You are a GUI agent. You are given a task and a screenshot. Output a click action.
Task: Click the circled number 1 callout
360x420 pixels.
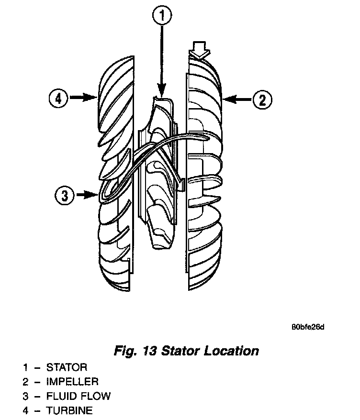point(162,17)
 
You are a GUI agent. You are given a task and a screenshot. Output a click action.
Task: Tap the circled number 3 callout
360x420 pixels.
point(64,195)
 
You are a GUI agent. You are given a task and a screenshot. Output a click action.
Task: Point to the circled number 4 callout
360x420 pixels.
point(58,99)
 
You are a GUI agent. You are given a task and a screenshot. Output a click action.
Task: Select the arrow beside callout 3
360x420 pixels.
point(88,195)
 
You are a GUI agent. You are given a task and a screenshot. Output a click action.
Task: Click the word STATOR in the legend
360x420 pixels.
point(67,368)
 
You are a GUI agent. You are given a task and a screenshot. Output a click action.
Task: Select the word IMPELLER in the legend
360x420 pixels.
point(72,382)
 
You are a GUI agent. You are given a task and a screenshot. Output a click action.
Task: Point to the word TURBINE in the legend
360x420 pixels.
point(69,410)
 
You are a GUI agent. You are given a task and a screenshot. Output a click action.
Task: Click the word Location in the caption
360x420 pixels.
point(231,351)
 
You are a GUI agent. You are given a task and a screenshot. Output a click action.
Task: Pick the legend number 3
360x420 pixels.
point(25,396)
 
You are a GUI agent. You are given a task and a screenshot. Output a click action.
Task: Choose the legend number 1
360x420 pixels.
point(25,368)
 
